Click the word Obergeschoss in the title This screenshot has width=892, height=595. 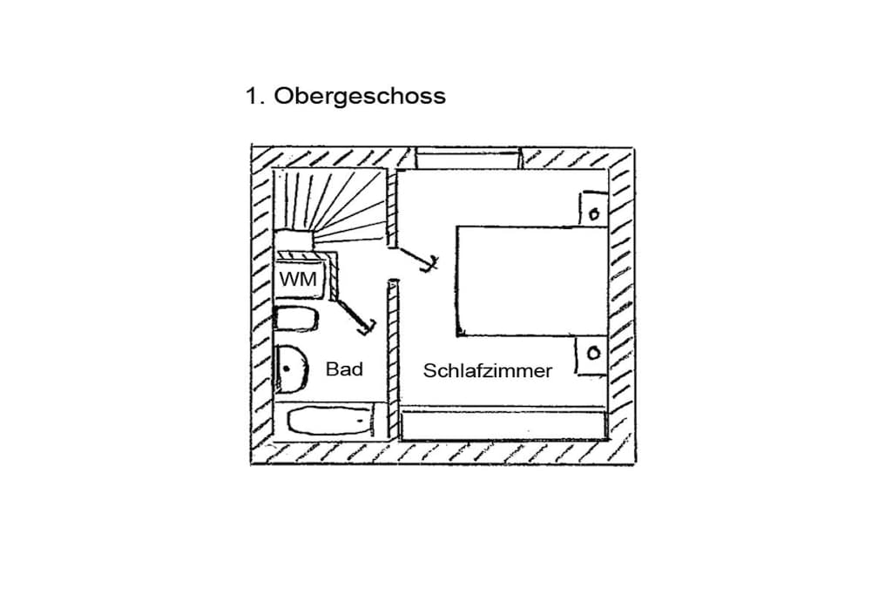360,97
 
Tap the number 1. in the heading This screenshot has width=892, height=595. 255,96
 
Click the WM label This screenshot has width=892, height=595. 298,280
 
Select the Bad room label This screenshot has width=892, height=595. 344,369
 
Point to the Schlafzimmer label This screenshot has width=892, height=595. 488,371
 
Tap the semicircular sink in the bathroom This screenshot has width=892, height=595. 290,369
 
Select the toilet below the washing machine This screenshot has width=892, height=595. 295,319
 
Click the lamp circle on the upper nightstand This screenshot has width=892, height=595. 594,214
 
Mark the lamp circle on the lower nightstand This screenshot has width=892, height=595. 593,353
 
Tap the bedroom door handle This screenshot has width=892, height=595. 430,263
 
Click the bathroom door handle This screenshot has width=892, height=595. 368,325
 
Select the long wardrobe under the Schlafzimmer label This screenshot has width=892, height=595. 503,424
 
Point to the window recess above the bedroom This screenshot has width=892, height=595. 468,159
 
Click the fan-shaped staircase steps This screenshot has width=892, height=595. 330,207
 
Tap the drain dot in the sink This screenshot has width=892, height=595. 286,368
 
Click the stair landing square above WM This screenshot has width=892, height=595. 293,240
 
